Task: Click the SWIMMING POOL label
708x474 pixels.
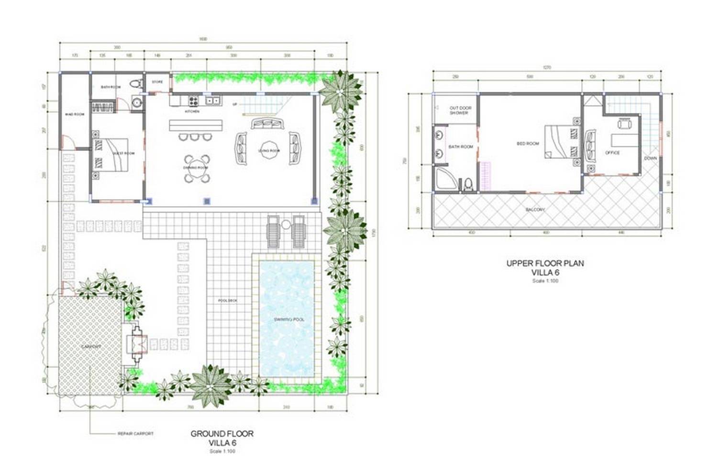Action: click(288, 319)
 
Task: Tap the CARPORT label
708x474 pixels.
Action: click(91, 346)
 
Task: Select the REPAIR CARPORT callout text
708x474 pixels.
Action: click(135, 434)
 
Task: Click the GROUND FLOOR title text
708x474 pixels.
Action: click(222, 434)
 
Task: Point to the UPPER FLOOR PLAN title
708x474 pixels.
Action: click(545, 263)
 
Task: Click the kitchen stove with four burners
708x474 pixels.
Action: click(193, 101)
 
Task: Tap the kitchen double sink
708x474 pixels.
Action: click(212, 100)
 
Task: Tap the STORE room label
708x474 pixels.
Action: click(157, 82)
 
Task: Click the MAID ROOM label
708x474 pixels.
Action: click(75, 114)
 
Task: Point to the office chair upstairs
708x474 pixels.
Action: click(624, 124)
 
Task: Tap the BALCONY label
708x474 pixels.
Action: click(535, 210)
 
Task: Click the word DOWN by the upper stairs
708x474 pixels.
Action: click(650, 158)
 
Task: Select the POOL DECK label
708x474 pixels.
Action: click(227, 301)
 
